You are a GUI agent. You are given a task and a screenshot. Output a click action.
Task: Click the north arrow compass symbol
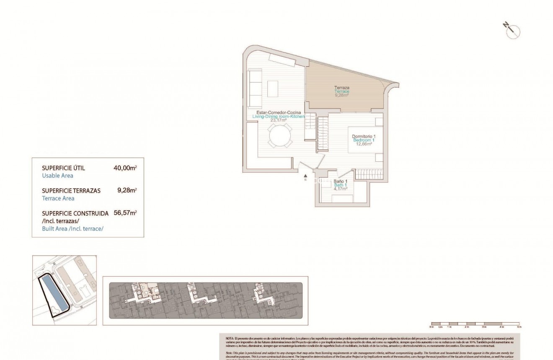click(x=512, y=31)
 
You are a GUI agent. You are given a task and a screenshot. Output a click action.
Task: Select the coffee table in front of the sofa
click(x=273, y=88)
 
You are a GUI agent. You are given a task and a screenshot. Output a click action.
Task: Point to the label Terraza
click(x=342, y=88)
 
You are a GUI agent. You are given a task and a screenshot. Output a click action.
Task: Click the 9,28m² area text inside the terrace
click(x=342, y=95)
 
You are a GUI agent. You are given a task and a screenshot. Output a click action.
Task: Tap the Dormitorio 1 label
click(x=364, y=137)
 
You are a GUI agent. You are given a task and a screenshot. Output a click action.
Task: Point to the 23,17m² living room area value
click(x=279, y=120)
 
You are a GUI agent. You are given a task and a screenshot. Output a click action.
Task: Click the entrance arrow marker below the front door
click(x=306, y=176)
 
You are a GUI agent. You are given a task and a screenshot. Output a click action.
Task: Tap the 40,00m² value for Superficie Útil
click(x=125, y=168)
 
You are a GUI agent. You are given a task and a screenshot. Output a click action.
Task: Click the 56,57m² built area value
click(x=125, y=213)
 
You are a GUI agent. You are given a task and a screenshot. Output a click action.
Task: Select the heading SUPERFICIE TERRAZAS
click(x=71, y=191)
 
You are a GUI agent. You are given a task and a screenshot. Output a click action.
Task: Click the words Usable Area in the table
click(x=58, y=176)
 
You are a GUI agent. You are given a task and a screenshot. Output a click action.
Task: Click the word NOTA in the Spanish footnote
click(x=230, y=338)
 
